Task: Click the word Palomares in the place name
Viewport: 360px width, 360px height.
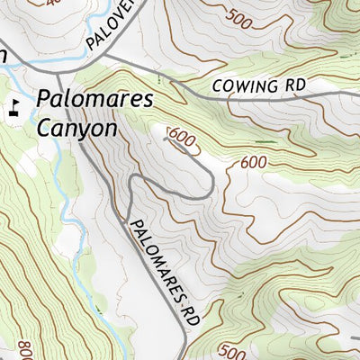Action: click(95, 101)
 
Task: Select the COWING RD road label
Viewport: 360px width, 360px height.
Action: click(261, 86)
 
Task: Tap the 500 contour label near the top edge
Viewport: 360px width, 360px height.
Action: click(240, 16)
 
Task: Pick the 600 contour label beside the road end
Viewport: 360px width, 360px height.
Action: click(181, 137)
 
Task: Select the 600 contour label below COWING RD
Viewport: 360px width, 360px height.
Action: click(254, 163)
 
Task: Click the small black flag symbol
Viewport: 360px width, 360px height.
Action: click(13, 112)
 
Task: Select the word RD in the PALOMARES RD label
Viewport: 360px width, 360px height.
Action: click(188, 310)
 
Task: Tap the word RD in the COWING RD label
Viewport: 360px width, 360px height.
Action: click(296, 85)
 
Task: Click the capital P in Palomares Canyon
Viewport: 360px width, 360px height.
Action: click(44, 101)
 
